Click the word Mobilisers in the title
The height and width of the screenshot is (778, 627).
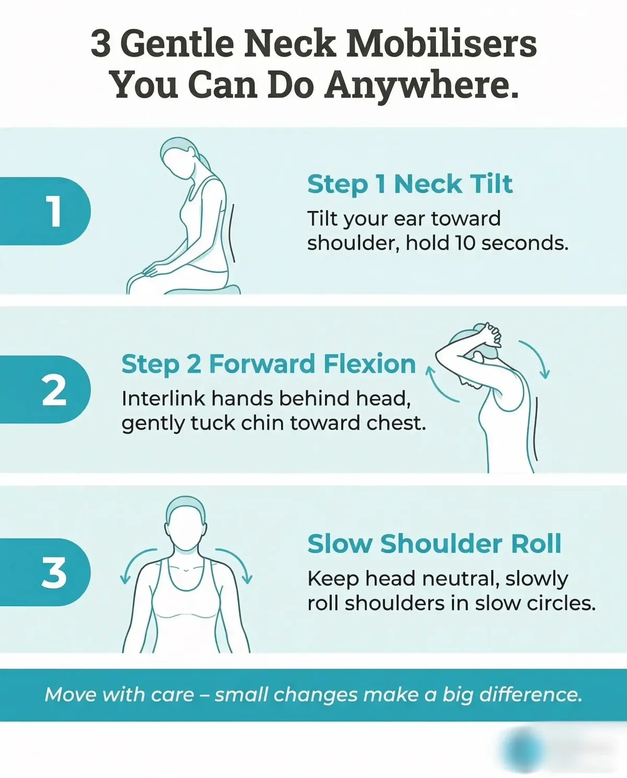[442, 44]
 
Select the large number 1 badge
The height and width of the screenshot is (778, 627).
[45, 211]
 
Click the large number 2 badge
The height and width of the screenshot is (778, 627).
[45, 389]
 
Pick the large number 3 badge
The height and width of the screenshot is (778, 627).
[45, 572]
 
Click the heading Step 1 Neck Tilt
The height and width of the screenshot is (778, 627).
[410, 185]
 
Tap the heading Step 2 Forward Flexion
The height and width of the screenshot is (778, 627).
[269, 364]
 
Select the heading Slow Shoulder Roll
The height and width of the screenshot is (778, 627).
[434, 544]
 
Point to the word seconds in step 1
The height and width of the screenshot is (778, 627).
[525, 243]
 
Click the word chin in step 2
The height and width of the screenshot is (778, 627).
[262, 423]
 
